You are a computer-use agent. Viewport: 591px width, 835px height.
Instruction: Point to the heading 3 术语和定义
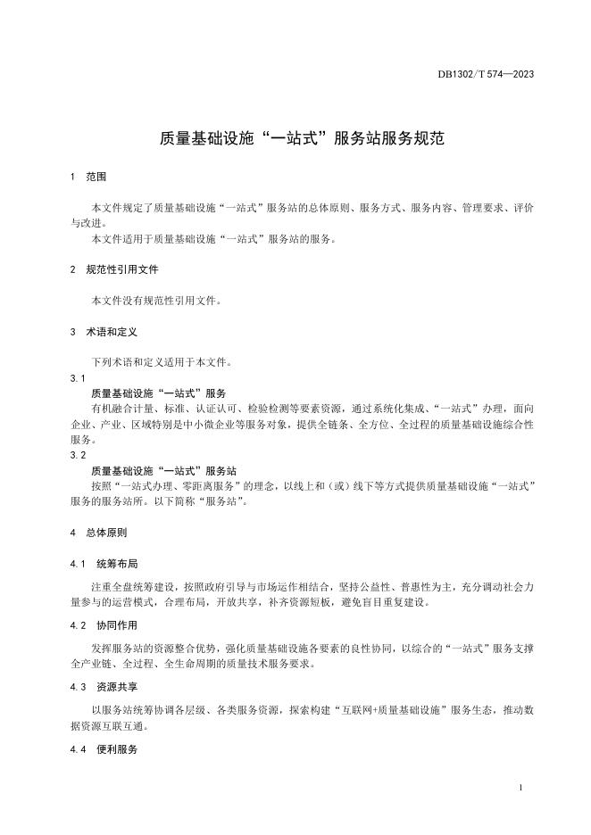[104, 331]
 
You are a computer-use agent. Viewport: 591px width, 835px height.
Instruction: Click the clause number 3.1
[77, 378]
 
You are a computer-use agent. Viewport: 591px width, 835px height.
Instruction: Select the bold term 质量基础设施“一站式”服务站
[164, 470]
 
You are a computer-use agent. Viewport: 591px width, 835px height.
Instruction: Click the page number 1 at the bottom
[520, 790]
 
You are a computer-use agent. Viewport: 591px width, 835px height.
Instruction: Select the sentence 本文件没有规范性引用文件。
[155, 301]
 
